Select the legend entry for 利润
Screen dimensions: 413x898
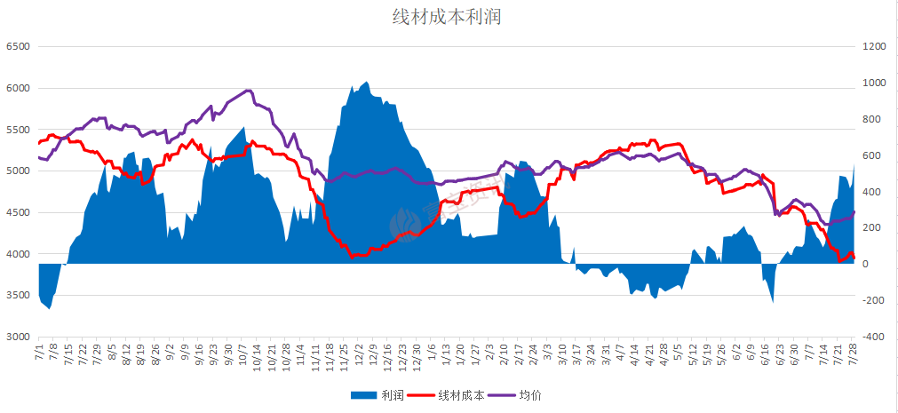[381, 395]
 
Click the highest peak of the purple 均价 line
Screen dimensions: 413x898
[248, 91]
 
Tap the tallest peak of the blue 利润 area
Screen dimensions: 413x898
[367, 82]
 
